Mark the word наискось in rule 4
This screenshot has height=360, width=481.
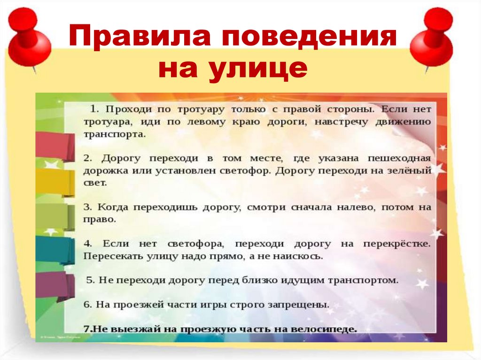pyautogui.click(x=300, y=257)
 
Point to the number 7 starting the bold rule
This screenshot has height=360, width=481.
pyautogui.click(x=86, y=329)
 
